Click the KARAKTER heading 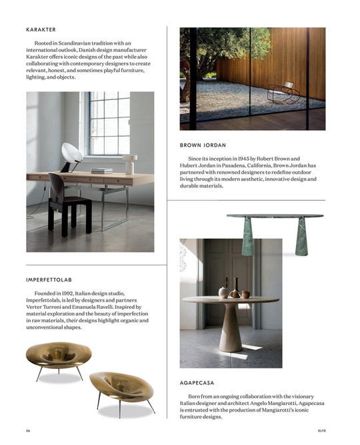41,30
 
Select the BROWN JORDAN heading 203,145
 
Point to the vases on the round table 233,290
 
